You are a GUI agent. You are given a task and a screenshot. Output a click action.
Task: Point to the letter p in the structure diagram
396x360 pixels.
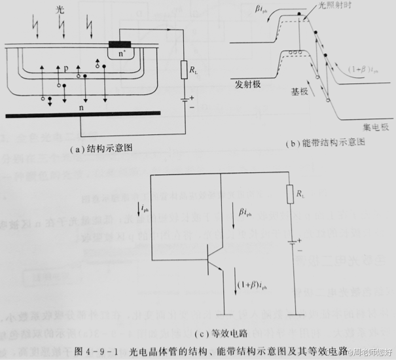coord(66,67)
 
